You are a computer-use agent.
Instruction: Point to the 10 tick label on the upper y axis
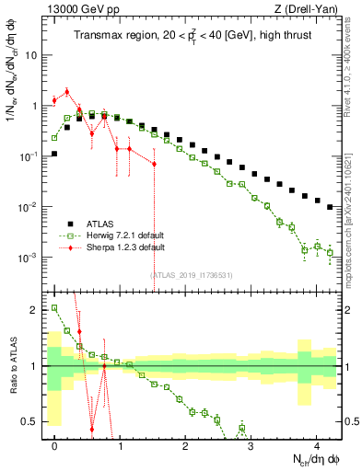point(30,55)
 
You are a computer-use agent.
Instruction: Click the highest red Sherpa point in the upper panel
point(67,92)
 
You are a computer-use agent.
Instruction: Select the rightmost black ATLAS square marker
point(330,208)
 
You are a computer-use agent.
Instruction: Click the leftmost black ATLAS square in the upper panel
point(55,154)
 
